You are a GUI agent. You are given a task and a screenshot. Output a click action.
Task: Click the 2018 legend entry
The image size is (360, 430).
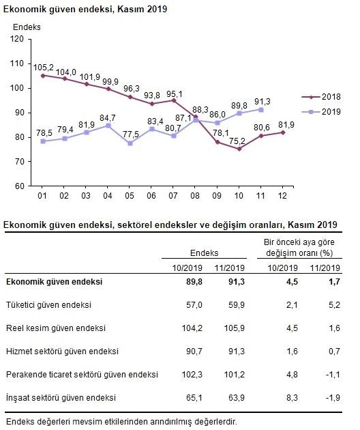tap(317, 98)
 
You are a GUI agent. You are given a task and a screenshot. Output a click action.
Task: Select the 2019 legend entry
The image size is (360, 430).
tap(317, 111)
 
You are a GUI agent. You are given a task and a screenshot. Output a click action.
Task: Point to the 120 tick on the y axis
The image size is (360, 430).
tap(18, 40)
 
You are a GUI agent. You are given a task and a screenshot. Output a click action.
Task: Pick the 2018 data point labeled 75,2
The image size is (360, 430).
tap(239, 149)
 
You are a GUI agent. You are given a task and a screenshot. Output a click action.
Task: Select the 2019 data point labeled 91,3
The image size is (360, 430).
tap(260, 109)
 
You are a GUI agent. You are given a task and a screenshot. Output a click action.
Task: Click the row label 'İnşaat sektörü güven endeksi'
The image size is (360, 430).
tap(61, 397)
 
